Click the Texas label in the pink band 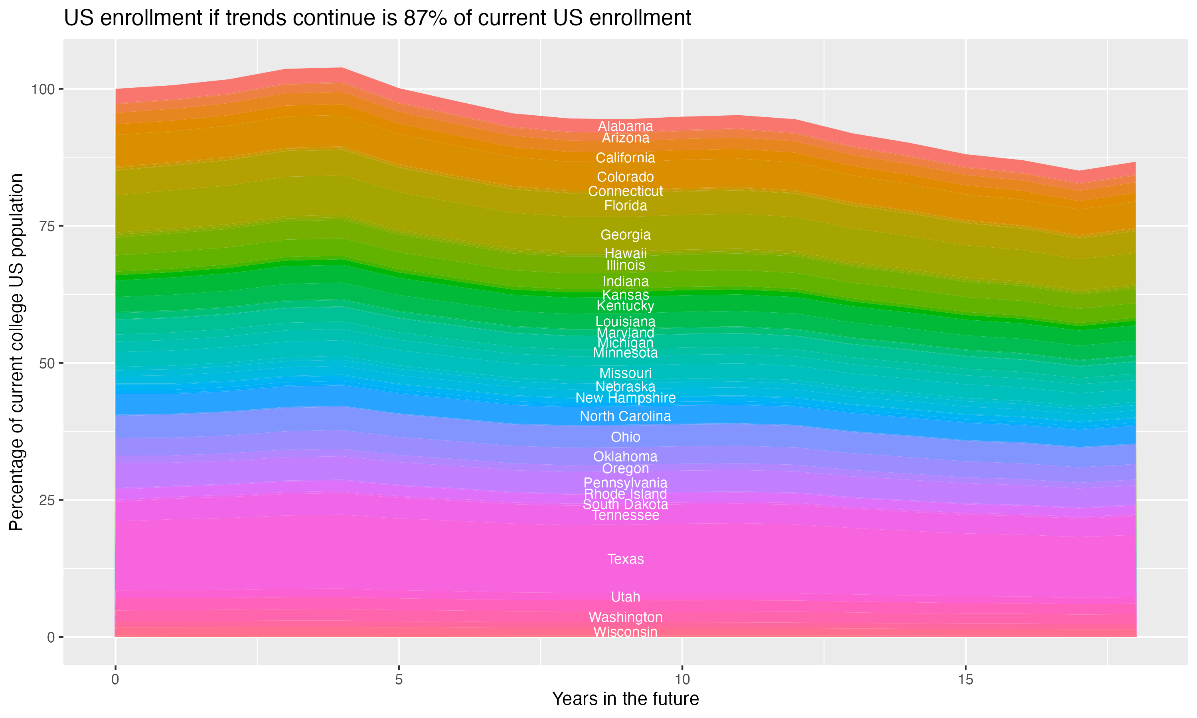click(625, 559)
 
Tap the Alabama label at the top click(625, 126)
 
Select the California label click(625, 158)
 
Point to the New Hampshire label click(625, 398)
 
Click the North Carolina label click(625, 416)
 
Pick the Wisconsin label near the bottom click(625, 632)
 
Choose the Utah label click(625, 597)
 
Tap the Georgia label click(625, 235)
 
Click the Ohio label click(625, 437)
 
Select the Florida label click(625, 205)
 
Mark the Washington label click(625, 617)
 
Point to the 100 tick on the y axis click(43, 89)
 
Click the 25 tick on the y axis click(47, 500)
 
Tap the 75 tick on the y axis click(47, 226)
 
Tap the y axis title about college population click(16, 352)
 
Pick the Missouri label click(625, 373)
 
